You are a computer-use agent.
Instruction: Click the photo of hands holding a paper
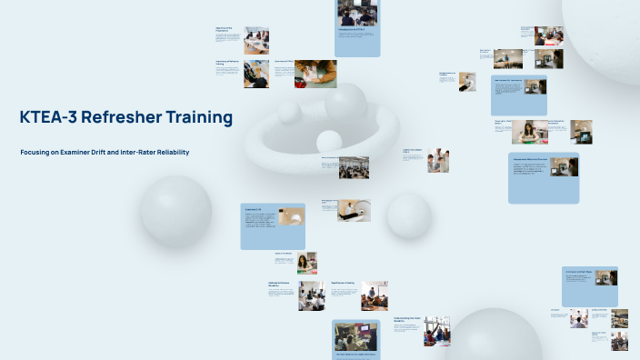pyautogui.click(x=315, y=74)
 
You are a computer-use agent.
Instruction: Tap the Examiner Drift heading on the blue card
pyautogui.click(x=254, y=210)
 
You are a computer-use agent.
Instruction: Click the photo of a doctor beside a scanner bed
pyautogui.click(x=354, y=210)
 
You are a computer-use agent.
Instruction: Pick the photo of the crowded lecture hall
pyautogui.click(x=354, y=167)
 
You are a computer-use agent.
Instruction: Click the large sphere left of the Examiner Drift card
pyautogui.click(x=175, y=208)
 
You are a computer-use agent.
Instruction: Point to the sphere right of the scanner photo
pyautogui.click(x=409, y=215)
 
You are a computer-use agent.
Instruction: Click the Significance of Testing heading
pyautogui.click(x=343, y=283)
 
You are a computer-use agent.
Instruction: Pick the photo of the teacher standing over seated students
pyautogui.click(x=312, y=295)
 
